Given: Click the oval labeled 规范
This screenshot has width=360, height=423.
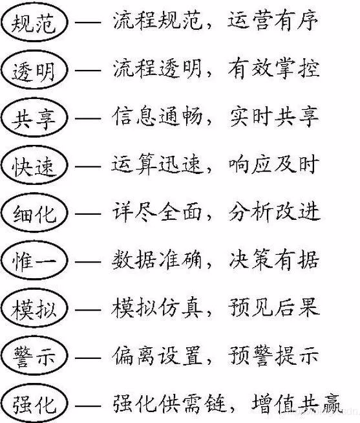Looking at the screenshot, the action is tap(1, 22).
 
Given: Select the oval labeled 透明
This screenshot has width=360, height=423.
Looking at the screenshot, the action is tap(1, 70).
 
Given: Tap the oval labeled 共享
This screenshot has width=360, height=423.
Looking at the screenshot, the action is tap(1, 117).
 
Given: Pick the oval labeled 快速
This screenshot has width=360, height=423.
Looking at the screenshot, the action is tap(1, 165).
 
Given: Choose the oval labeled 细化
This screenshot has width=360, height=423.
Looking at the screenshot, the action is tap(1, 213).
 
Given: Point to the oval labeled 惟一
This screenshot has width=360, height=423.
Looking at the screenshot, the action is tap(1, 261).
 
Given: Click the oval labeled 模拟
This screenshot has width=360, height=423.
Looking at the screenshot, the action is tap(1, 308).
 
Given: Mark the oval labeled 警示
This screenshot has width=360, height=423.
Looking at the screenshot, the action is tap(1, 356).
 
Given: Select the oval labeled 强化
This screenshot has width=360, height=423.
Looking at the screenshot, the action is tap(1, 404).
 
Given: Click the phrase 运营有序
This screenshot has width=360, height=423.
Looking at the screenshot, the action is tap(273, 21).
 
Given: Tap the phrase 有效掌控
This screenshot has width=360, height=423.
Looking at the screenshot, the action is tap(273, 69).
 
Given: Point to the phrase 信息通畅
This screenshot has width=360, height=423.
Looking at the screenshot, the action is tap(158, 116).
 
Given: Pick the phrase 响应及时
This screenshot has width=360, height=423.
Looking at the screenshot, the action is tap(273, 164).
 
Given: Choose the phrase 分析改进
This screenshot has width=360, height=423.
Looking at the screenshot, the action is tap(274, 212).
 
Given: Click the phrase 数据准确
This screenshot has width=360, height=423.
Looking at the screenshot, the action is tap(157, 260).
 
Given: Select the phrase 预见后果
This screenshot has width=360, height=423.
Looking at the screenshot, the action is tap(273, 307).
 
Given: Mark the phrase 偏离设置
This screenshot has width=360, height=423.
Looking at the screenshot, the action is tap(158, 355).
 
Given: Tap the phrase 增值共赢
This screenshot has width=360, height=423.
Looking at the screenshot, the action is tap(297, 404).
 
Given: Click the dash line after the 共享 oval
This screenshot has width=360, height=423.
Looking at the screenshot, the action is tap(88, 118).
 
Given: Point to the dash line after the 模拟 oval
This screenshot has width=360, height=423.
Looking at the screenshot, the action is tap(88, 309).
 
